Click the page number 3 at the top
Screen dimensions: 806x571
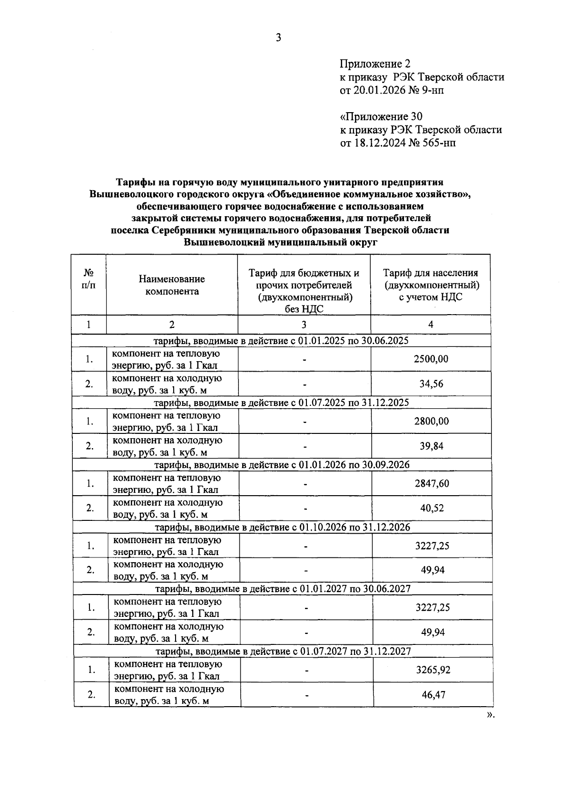pos(279,38)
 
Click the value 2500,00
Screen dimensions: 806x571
pos(431,359)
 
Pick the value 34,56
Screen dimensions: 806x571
pos(431,384)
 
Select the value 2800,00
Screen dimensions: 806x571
pos(431,422)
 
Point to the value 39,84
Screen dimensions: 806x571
pos(432,446)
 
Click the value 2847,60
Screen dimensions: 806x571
pos(432,484)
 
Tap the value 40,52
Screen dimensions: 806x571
pos(432,508)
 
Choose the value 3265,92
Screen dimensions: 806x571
pos(433,670)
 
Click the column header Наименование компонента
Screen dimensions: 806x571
pos(172,285)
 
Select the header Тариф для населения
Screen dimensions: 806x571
pos(431,273)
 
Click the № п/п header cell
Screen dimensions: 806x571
pos(89,279)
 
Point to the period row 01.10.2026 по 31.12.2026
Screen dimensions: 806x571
pos(283,528)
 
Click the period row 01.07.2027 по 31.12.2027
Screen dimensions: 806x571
pos(284,652)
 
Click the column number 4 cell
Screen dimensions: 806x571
pos(431,325)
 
